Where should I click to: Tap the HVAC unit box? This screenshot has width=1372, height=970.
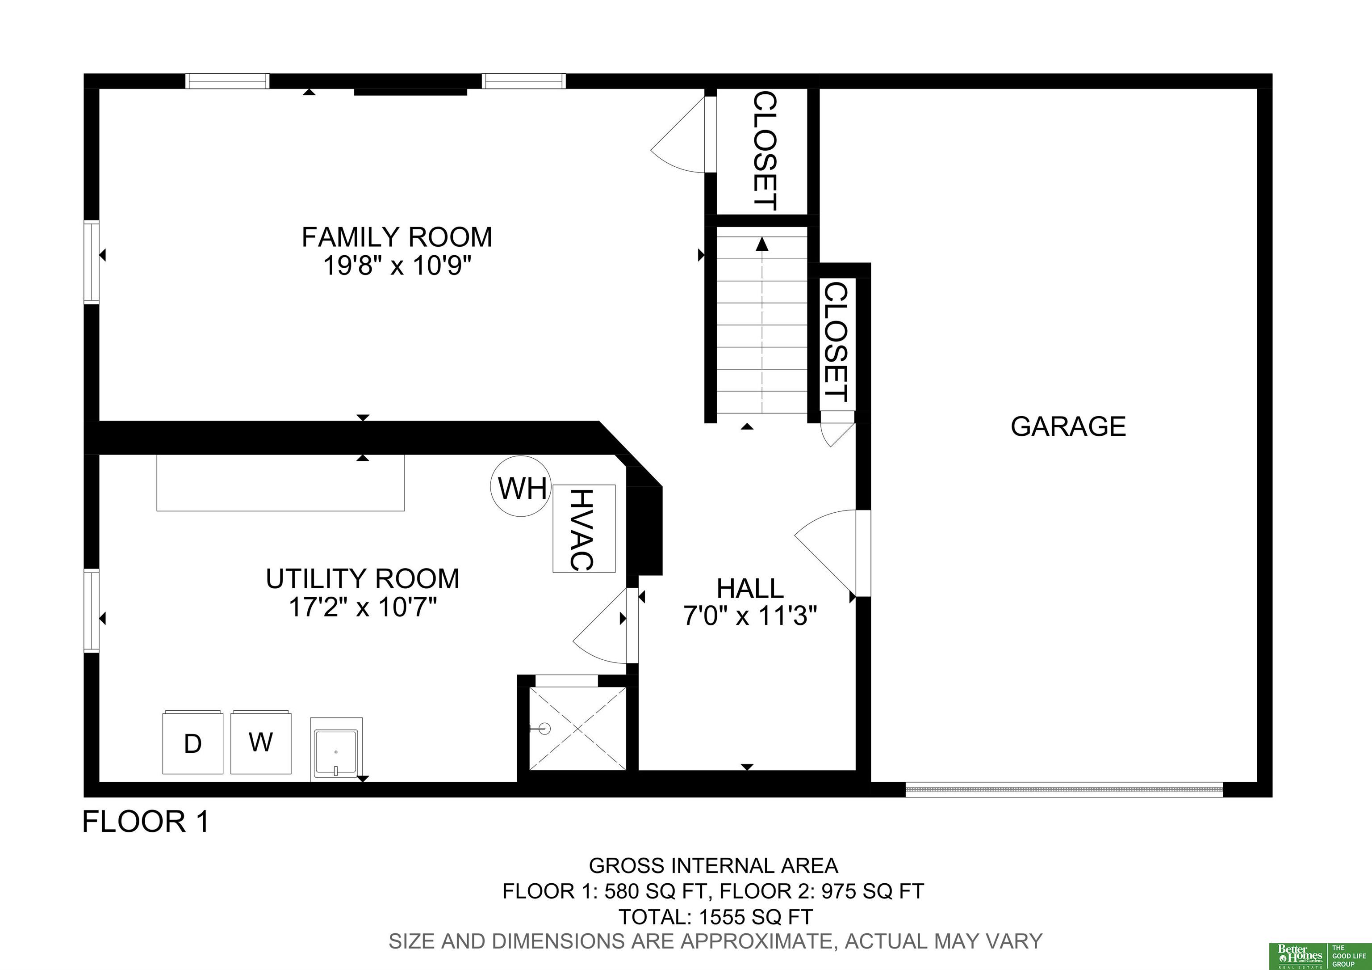tap(584, 529)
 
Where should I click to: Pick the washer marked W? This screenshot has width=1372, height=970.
tap(261, 742)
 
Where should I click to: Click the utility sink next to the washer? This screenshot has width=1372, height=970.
tap(336, 748)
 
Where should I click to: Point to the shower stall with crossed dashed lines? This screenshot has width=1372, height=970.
tap(578, 729)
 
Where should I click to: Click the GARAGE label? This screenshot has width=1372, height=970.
tap(1068, 426)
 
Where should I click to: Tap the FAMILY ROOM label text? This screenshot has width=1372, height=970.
tap(397, 237)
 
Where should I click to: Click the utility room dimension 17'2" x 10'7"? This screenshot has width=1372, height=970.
tap(363, 607)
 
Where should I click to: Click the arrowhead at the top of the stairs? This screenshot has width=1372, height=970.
tap(762, 244)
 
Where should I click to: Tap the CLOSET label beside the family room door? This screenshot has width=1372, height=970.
tap(764, 151)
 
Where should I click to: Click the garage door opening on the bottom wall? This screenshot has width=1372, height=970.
tap(1064, 789)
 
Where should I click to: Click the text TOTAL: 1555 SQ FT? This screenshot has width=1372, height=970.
tap(715, 916)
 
